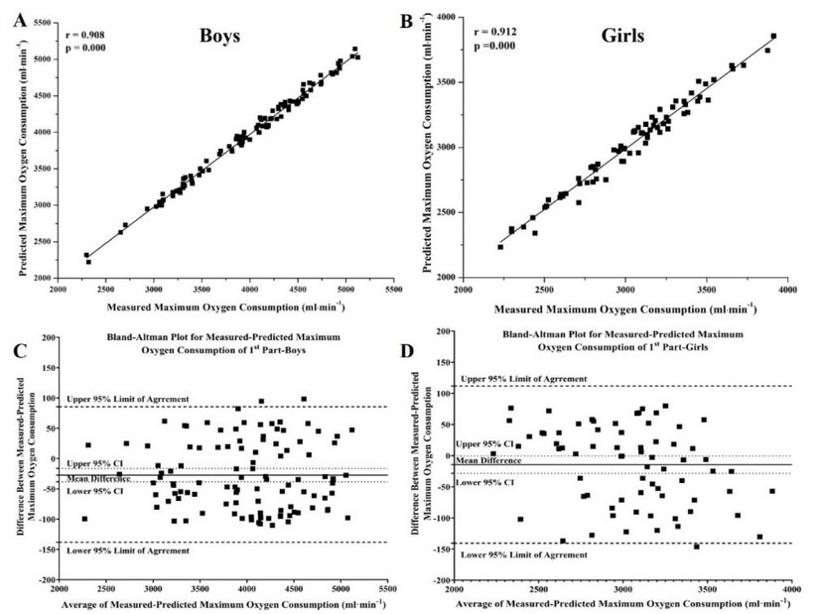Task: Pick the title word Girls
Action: click(621, 37)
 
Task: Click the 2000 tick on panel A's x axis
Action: click(59, 289)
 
